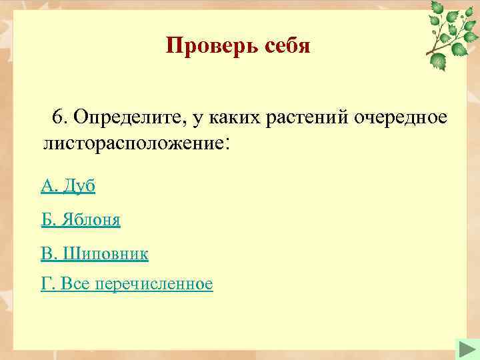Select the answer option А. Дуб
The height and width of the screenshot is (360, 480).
(68, 187)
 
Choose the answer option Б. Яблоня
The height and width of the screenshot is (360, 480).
(81, 220)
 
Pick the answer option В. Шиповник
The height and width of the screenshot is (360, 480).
(95, 253)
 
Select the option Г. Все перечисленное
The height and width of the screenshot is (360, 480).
(127, 285)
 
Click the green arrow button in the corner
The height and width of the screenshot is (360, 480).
(465, 349)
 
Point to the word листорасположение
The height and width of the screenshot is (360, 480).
(133, 142)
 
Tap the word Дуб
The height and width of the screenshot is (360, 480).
(79, 187)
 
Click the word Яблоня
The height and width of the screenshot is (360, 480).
(91, 220)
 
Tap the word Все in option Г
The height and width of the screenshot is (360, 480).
(77, 285)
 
